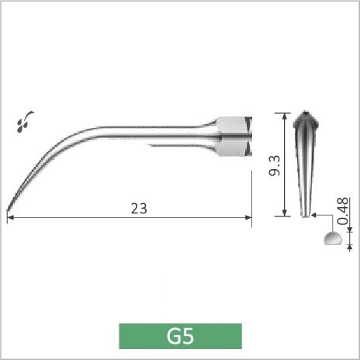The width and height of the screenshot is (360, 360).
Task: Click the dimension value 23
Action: coord(139,209)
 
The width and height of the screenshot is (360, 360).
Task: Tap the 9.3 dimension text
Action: coord(275,165)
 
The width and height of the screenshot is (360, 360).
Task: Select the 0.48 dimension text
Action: coord(344,211)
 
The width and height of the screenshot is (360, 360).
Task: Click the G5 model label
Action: coord(180,336)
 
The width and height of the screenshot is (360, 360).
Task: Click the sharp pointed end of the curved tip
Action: coord(7,211)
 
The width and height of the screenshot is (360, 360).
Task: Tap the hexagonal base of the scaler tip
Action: coord(234,137)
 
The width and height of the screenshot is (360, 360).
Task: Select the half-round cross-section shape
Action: coord(333,238)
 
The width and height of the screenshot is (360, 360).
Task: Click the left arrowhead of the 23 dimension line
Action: coord(10,217)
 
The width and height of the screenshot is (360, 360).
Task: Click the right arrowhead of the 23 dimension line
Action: coord(248,217)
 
